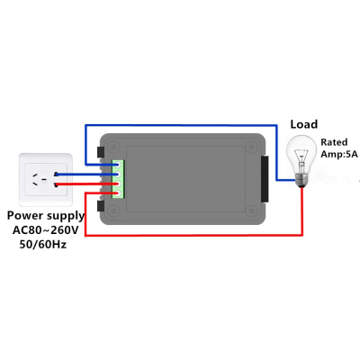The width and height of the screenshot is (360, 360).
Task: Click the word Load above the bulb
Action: (303, 124)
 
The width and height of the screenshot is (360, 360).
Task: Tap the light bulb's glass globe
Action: (301, 154)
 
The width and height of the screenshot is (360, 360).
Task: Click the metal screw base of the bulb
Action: (301, 180)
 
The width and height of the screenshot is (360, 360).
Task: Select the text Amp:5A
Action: (339, 154)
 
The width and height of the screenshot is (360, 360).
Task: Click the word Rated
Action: (334, 142)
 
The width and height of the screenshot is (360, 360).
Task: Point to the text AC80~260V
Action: (46, 230)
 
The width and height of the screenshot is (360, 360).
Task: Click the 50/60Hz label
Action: (43, 244)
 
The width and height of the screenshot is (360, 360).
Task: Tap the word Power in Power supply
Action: (25, 215)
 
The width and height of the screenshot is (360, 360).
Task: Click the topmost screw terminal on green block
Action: (119, 165)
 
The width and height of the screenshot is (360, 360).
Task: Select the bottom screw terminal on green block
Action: (119, 193)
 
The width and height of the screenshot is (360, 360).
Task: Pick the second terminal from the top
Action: (119, 174)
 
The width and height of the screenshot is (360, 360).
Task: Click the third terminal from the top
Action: (119, 184)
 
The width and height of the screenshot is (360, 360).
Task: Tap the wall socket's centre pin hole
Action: (44, 179)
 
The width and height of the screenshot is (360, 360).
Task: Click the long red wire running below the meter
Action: (194, 235)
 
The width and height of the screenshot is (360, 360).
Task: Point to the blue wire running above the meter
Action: (181, 125)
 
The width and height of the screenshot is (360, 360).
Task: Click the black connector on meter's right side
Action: (265, 179)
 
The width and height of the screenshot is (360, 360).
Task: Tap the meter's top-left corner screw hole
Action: (113, 147)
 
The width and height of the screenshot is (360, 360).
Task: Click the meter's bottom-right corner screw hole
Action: (251, 211)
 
